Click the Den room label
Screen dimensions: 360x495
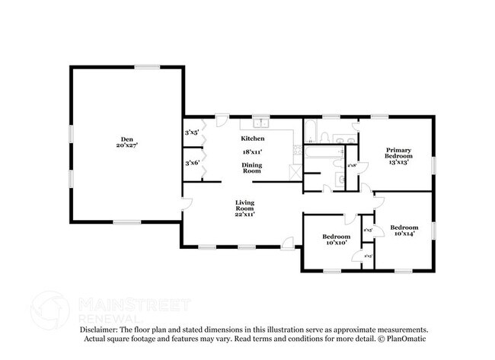pos(126,139)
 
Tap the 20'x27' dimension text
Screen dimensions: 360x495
pos(126,145)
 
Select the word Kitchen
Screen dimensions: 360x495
pos(252,139)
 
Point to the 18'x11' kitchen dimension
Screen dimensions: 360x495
pos(252,152)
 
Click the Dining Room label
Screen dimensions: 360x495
pos(252,168)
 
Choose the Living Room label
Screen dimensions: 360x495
pos(244,205)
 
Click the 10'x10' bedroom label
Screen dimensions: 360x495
pos(335,239)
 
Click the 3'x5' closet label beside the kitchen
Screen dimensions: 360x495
pos(191,133)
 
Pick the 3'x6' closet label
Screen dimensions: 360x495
pos(191,162)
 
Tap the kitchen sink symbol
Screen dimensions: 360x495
pos(260,122)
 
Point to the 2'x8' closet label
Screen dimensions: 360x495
pos(352,166)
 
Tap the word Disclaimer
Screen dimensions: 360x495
pos(102,329)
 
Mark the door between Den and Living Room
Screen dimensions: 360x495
pos(186,204)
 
